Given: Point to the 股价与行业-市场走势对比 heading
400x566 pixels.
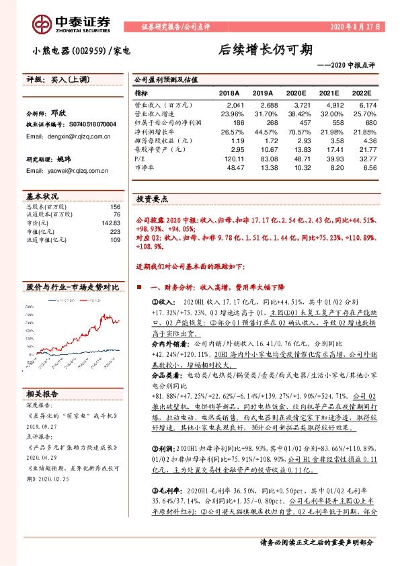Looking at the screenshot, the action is (72, 287).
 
